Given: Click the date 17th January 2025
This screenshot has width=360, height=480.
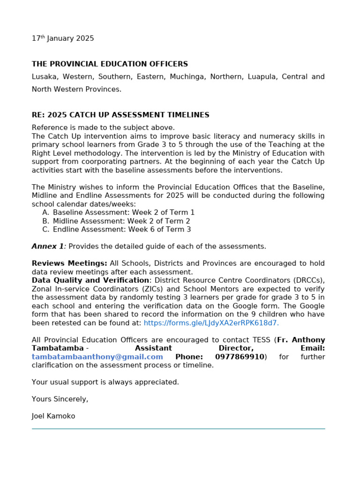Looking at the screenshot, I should click(x=63, y=38).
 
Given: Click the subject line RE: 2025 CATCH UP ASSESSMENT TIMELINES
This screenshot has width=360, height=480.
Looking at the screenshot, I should click(x=120, y=115).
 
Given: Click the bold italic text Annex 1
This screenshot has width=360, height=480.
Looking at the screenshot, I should click(x=48, y=246).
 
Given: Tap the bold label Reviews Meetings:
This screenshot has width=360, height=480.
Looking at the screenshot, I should click(x=69, y=263).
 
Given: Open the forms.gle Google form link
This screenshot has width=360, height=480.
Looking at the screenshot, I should click(x=211, y=322).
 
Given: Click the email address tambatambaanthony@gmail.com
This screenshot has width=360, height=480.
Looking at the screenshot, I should click(x=97, y=357).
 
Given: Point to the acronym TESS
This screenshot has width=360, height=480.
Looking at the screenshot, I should click(x=262, y=340).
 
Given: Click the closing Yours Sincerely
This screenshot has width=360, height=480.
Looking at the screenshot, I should click(x=60, y=399).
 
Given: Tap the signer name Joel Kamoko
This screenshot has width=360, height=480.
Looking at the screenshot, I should click(x=53, y=416).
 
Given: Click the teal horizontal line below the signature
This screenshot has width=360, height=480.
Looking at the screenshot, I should click(x=178, y=428).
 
